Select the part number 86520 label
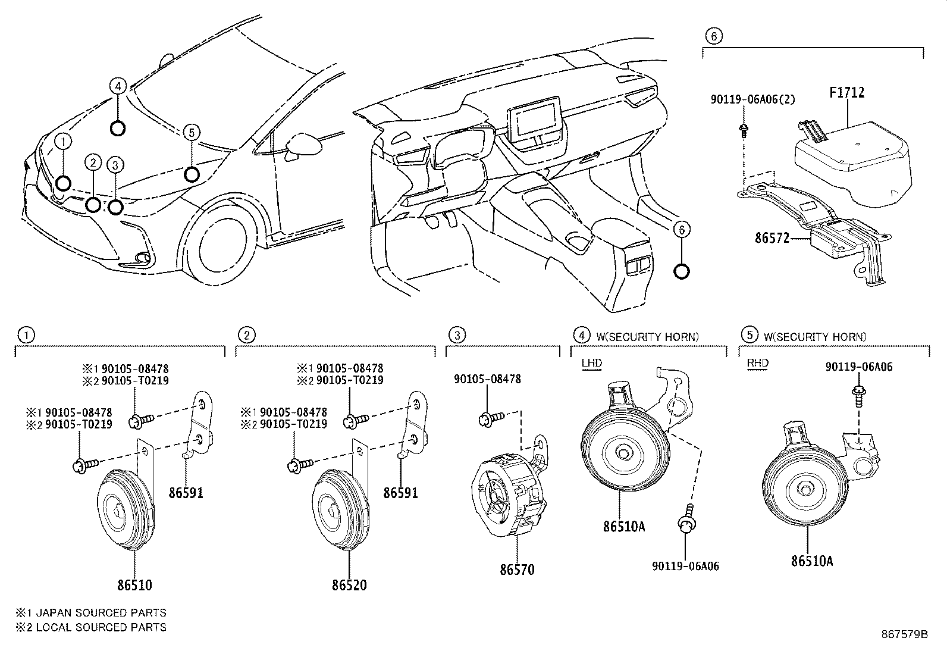point(349,585)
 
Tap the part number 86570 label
point(517,569)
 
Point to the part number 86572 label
point(772,238)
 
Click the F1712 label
point(846,93)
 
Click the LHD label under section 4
point(591,363)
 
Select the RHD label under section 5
point(757,363)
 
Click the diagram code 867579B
point(905,634)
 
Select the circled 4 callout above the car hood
point(118,86)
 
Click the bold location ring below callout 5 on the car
point(192,174)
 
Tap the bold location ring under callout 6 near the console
point(682,272)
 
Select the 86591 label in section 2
point(400,493)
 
